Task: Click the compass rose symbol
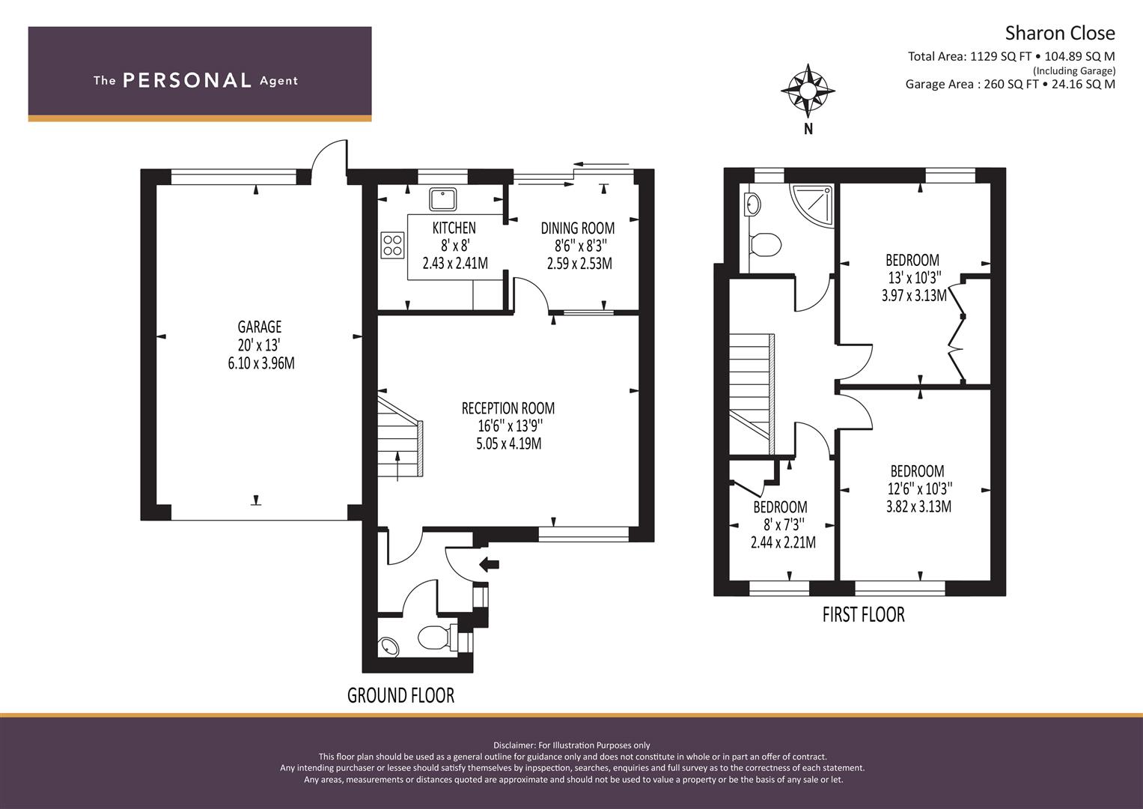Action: tap(808, 91)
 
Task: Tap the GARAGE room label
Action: tap(260, 327)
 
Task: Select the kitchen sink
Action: tap(442, 199)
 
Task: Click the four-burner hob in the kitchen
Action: tap(393, 245)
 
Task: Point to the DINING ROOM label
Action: tap(578, 228)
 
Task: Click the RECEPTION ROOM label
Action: tap(508, 408)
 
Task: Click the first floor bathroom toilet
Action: tap(765, 244)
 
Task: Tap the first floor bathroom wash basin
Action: tap(752, 203)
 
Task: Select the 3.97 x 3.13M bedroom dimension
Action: tap(914, 295)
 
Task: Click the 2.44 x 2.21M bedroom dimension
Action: tap(783, 542)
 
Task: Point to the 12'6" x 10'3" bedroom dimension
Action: tap(918, 489)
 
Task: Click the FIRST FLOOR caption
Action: tap(863, 615)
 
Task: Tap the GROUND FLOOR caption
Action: tap(400, 695)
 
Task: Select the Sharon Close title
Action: tap(1059, 33)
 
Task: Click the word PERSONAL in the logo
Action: tap(186, 81)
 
